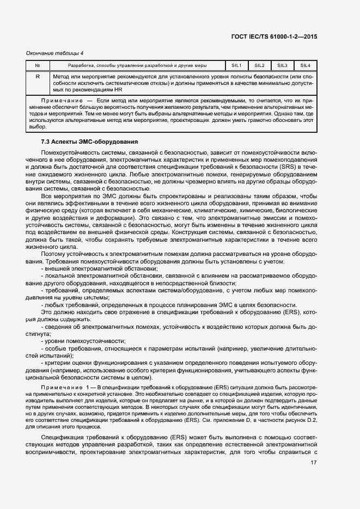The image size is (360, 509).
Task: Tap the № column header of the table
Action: pyautogui.click(x=38, y=65)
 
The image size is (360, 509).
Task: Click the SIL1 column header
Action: pyautogui.click(x=237, y=65)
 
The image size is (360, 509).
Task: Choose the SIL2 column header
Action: pyautogui.click(x=260, y=65)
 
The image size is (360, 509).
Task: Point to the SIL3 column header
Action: pyautogui.click(x=282, y=65)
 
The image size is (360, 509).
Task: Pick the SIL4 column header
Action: pyautogui.click(x=305, y=65)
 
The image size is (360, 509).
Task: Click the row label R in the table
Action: pyautogui.click(x=38, y=77)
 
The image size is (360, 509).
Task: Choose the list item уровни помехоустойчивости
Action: pyautogui.click(x=76, y=340)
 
